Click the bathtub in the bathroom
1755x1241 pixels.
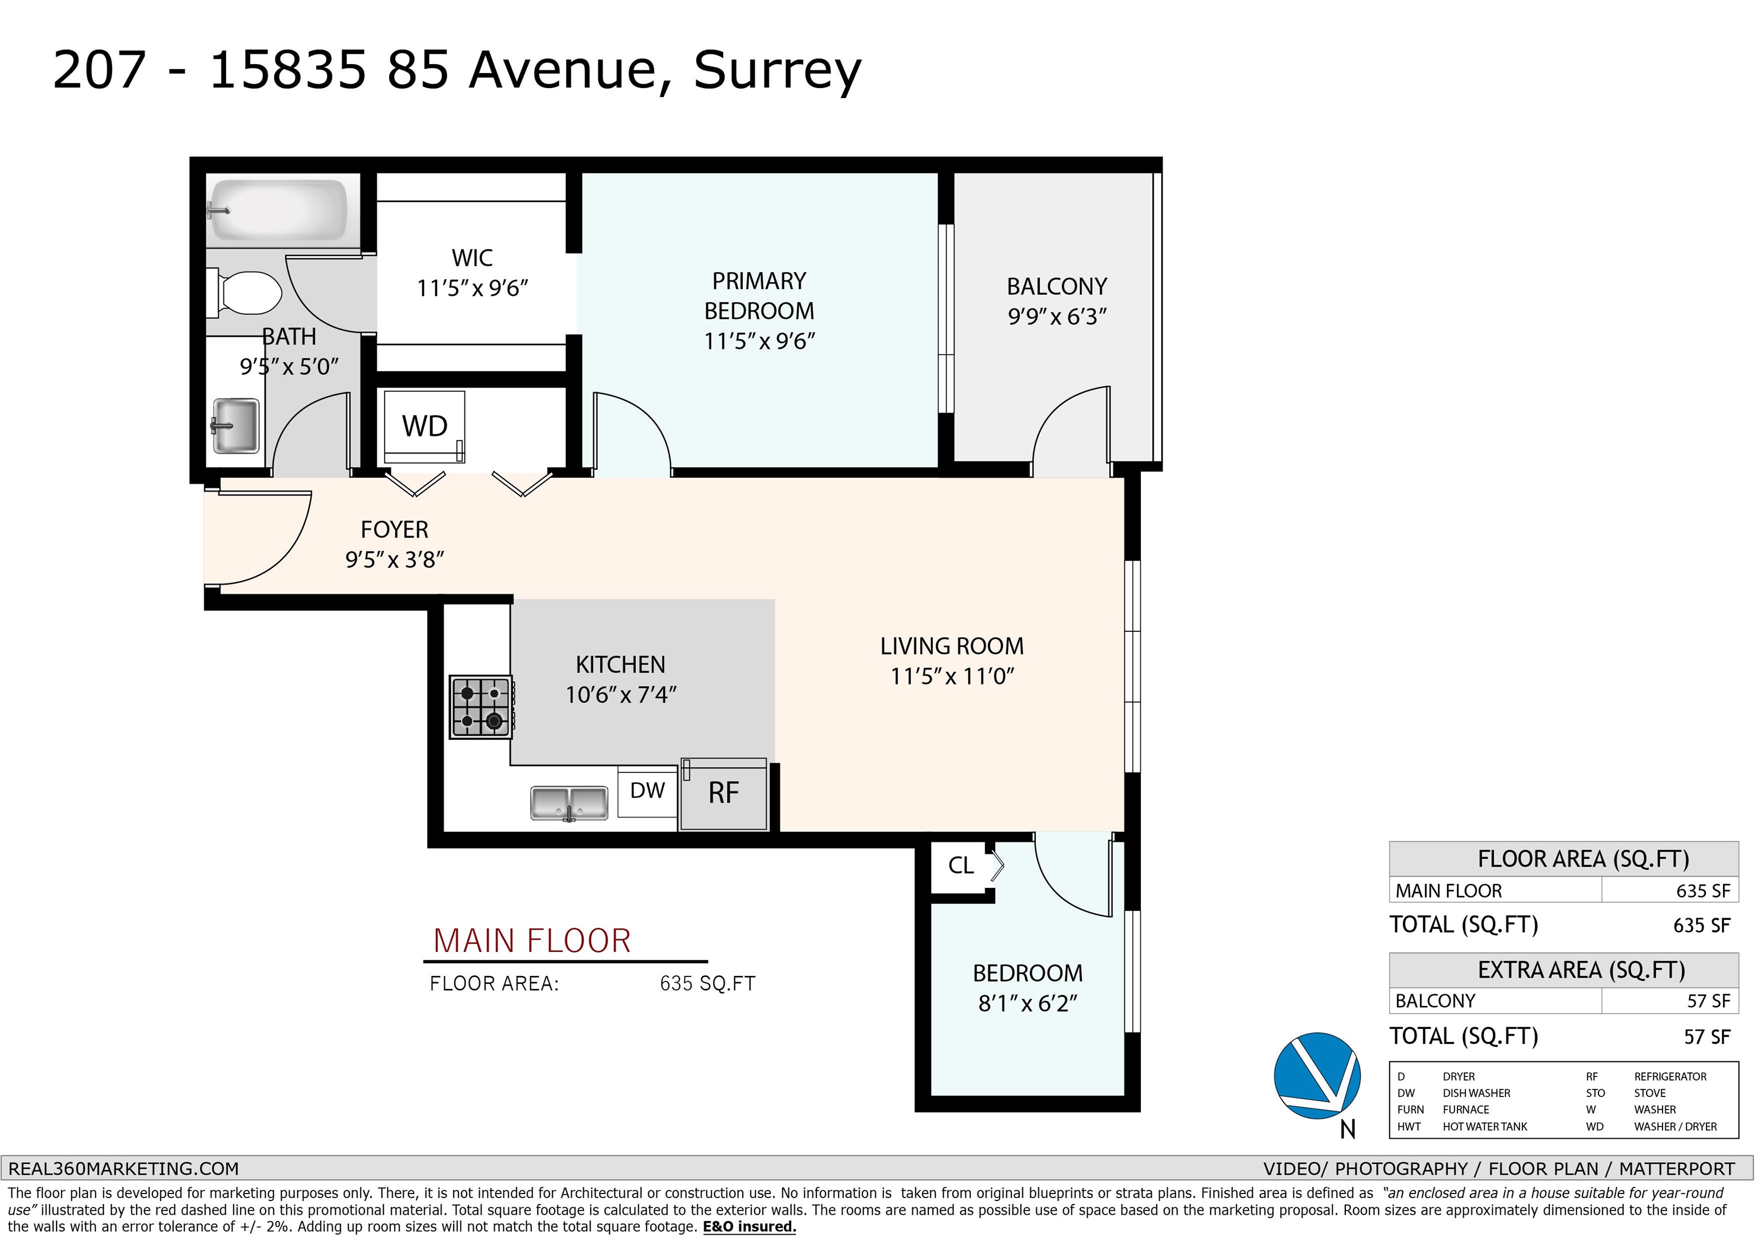point(278,210)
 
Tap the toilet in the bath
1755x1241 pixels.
point(249,292)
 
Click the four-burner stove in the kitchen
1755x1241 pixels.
point(481,707)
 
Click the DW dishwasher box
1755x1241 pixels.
point(647,791)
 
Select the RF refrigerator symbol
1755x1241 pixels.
point(723,794)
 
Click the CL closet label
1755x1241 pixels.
point(960,866)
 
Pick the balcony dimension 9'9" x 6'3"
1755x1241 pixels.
point(1057,317)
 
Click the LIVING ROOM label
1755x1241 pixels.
point(952,647)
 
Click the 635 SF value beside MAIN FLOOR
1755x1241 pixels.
point(1702,891)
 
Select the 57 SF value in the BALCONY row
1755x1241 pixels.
point(1708,1001)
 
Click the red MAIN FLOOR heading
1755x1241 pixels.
point(532,941)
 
